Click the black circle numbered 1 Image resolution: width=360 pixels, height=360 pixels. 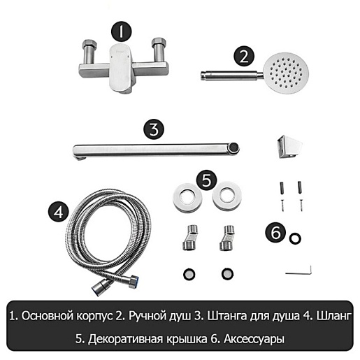pos(121,31)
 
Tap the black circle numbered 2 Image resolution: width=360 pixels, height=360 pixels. pos(244,56)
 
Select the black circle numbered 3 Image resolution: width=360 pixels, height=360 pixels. pos(154,129)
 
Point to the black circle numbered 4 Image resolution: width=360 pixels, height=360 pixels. pos(59,212)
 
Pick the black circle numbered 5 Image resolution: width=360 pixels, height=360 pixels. pos(206,180)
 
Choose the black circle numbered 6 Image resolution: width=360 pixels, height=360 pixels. pos(275,232)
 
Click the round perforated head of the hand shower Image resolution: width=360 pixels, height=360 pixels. pos(286,73)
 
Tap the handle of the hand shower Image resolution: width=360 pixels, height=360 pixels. pos(232,75)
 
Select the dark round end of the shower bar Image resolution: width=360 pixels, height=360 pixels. pos(234,147)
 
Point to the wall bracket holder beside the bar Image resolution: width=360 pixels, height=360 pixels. pos(289,147)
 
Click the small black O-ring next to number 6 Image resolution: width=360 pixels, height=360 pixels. pos(295,238)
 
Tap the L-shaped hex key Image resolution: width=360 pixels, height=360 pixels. pos(299,272)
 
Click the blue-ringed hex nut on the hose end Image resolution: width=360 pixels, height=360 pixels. pos(134,282)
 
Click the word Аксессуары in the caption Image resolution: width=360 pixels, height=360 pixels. pos(254,339)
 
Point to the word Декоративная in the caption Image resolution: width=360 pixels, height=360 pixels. pos(125,339)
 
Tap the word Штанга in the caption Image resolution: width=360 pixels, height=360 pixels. pos(227,316)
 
